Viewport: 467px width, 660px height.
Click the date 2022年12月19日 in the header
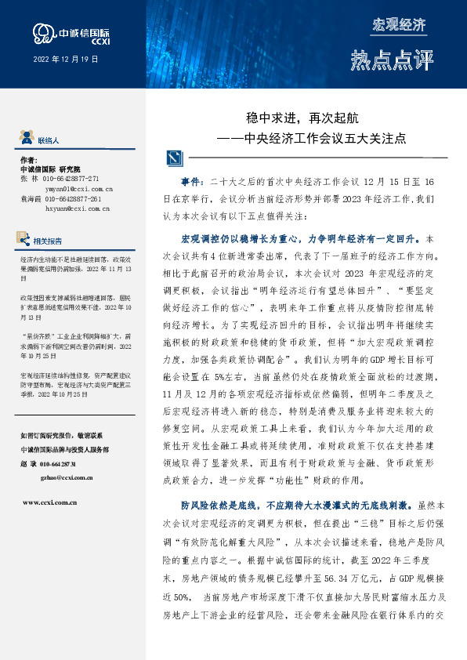(x=65, y=60)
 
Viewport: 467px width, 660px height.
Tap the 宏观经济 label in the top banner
(x=400, y=24)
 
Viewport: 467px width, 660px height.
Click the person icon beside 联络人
(x=27, y=139)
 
